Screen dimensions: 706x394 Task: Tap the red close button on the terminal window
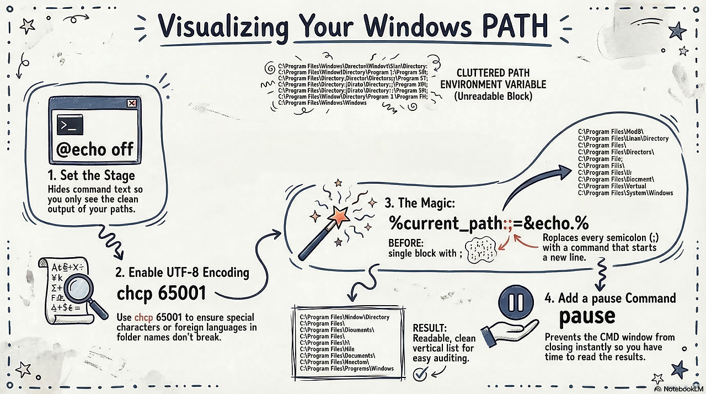pos(131,103)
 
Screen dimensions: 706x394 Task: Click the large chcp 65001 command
pos(161,292)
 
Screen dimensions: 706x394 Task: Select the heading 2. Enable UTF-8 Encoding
pos(183,272)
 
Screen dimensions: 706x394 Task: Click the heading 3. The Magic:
pos(420,204)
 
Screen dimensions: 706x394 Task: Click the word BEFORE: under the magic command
pos(407,242)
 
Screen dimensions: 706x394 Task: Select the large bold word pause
pos(587,316)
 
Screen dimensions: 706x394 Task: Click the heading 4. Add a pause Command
pos(609,299)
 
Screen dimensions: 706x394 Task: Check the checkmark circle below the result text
pos(420,375)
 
